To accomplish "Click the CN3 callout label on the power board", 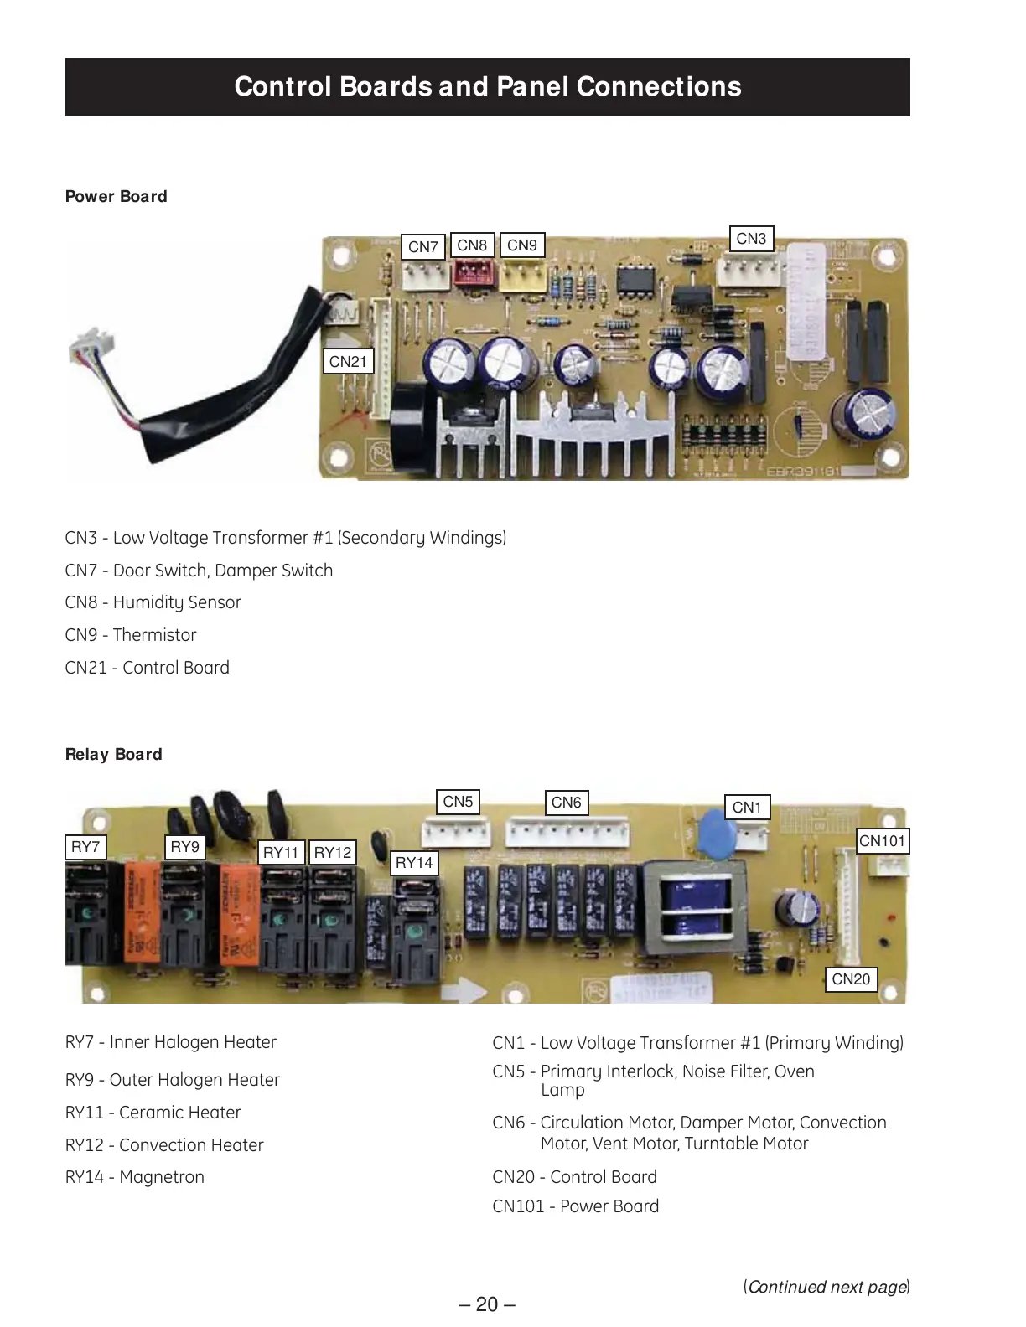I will pos(751,239).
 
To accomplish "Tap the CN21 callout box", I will pos(348,362).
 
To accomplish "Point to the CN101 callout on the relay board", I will pos(882,841).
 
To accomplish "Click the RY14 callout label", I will pos(414,863).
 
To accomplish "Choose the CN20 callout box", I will pos(851,979).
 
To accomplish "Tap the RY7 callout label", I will pos(85,847).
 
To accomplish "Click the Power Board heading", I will pos(117,197).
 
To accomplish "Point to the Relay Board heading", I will pos(114,755).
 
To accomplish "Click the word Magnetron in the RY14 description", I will pos(162,1177).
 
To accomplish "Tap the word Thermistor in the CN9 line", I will pos(154,635).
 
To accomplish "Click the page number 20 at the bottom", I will pos(487,1304).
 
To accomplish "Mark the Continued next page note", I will pos(826,1287).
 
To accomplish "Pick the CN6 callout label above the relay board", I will pos(566,803).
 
